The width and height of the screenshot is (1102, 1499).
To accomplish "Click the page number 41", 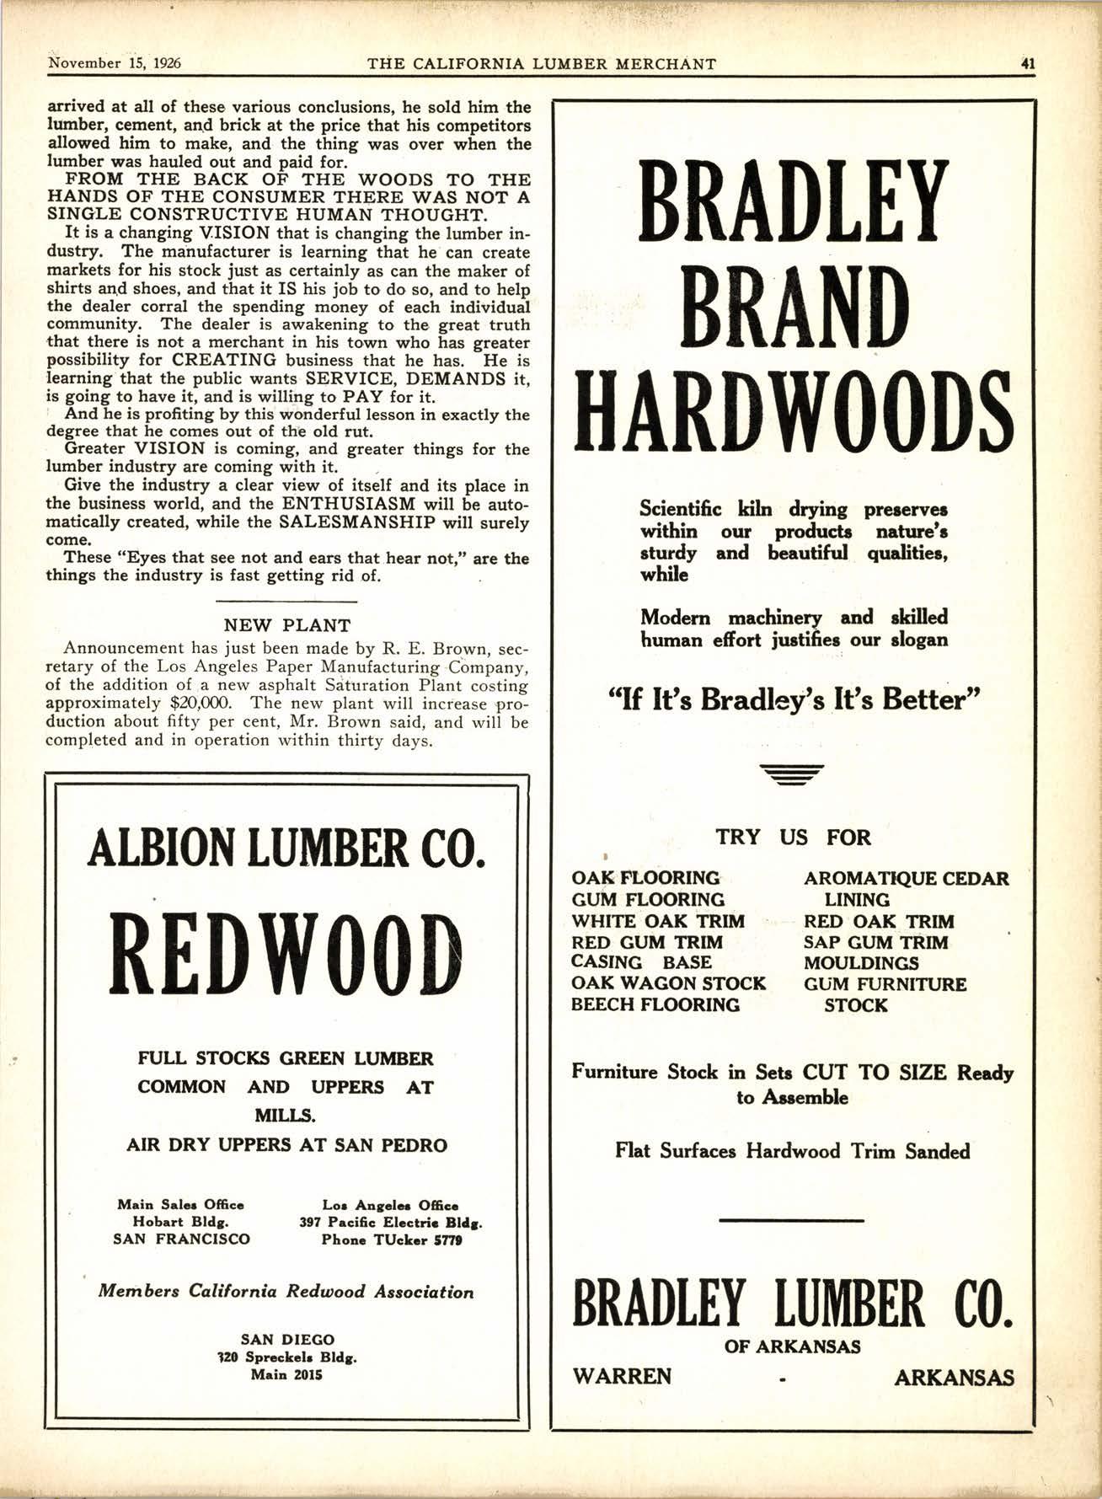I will pos(1027,63).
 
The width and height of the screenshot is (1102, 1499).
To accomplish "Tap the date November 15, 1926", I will pos(116,63).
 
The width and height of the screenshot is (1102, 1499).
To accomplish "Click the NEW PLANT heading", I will pos(286,625).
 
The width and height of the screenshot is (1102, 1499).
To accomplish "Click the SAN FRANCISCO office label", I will pos(181,1239).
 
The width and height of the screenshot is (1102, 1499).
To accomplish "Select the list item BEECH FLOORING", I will pos(655,1004).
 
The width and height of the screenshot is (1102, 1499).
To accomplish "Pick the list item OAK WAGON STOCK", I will pos(668,983).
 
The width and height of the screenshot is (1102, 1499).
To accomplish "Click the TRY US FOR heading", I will pos(793,838).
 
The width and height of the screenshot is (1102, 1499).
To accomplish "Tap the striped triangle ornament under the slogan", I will pos(791,774).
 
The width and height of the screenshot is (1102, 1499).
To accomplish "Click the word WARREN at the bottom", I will pos(622,1376).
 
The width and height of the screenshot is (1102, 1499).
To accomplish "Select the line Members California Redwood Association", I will pos(286,1292).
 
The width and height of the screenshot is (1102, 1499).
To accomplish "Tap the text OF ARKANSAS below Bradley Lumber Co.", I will pos(793,1346).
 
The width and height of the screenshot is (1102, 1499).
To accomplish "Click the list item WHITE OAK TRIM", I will pos(658,921).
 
